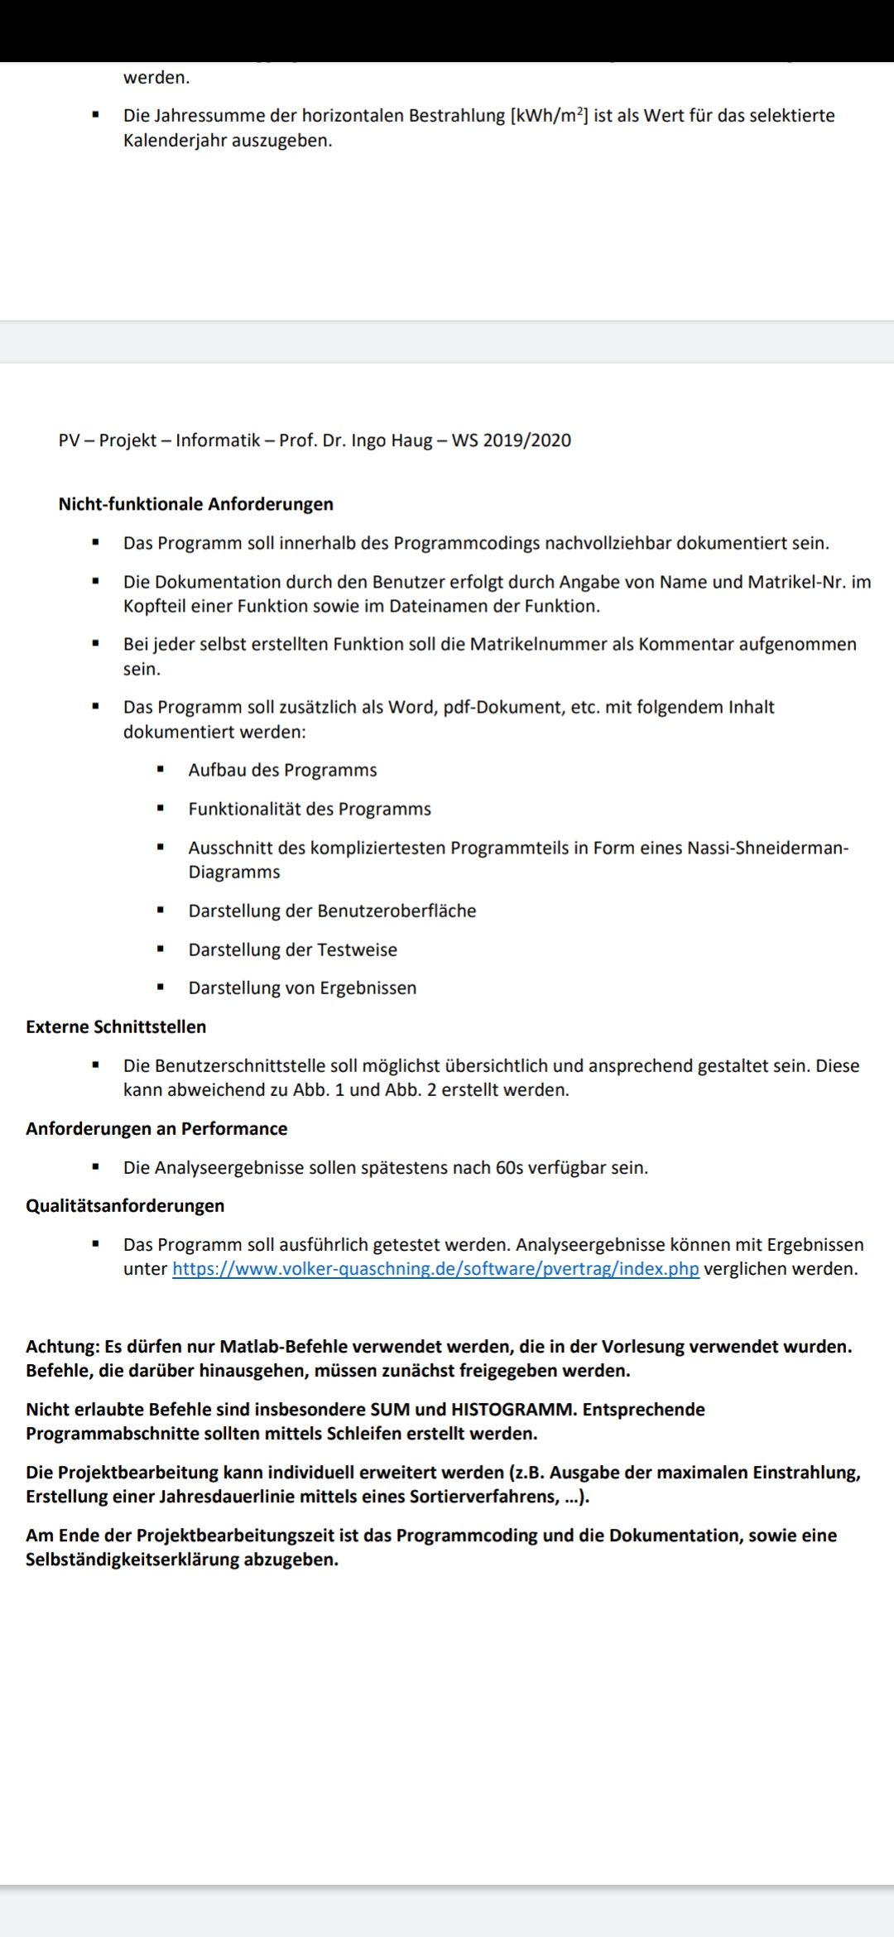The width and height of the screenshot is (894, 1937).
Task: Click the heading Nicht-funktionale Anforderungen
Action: tap(195, 504)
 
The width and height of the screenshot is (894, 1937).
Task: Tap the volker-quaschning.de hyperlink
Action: tap(435, 1269)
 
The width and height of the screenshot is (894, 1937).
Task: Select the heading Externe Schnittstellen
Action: tap(116, 1026)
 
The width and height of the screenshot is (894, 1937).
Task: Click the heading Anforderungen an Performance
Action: tap(156, 1128)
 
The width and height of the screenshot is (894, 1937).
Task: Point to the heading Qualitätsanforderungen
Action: tap(125, 1205)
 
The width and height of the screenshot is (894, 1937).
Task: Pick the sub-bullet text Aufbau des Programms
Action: tap(282, 770)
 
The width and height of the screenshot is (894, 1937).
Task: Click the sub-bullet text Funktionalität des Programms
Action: tap(310, 809)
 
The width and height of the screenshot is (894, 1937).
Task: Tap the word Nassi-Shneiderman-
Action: tap(767, 848)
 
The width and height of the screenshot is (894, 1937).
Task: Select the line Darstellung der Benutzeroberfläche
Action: tap(332, 911)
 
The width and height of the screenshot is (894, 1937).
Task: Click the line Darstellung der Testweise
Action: tap(292, 949)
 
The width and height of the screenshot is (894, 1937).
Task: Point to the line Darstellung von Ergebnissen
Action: tap(302, 988)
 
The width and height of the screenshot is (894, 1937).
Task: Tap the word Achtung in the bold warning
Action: tap(61, 1346)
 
